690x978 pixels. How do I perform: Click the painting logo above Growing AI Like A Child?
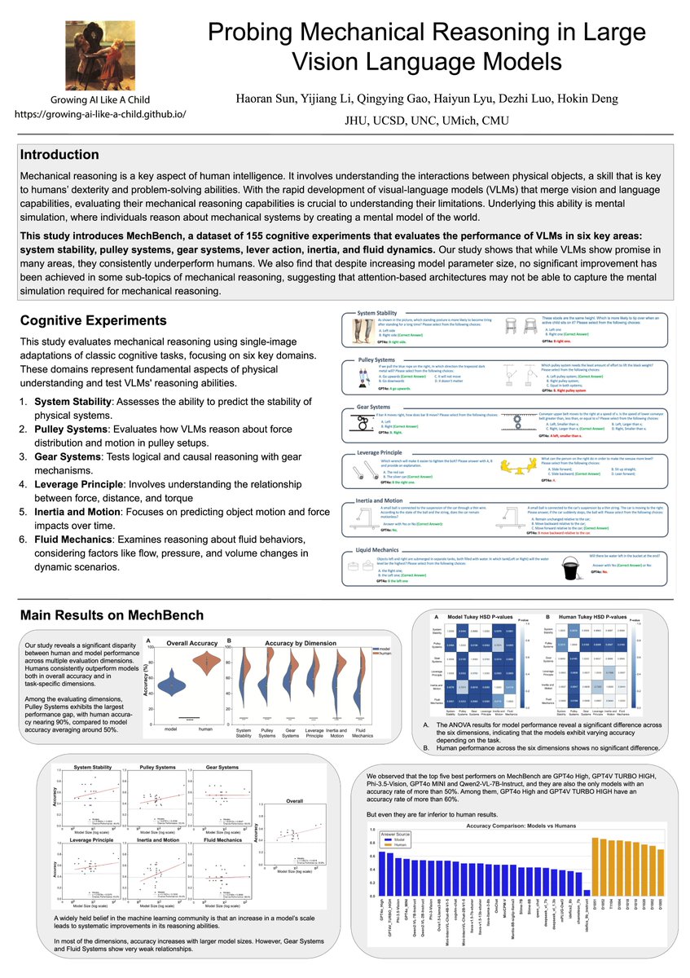(100, 55)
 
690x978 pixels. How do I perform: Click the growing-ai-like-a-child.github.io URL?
(100, 115)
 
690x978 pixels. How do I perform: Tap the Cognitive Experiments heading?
(93, 321)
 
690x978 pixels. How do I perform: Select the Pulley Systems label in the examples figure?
(376, 359)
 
